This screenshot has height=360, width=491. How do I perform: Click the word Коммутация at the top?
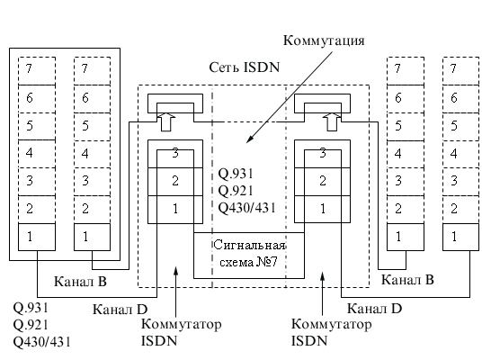(x=324, y=41)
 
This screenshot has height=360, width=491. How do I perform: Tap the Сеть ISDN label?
(x=245, y=67)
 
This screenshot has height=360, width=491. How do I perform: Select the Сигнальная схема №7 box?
(x=249, y=256)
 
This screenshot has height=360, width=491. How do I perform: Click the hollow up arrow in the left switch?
(x=166, y=121)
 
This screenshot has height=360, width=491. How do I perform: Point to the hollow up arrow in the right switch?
(x=332, y=121)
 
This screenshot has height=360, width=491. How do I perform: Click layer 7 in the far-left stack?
(x=37, y=71)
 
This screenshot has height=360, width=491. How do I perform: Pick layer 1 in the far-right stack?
(x=460, y=237)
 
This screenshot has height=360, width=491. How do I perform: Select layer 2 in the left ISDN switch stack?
(x=175, y=182)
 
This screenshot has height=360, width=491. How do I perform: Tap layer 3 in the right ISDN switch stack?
(x=323, y=154)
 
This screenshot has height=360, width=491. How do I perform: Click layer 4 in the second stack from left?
(x=92, y=154)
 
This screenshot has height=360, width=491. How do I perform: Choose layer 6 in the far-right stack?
(x=460, y=99)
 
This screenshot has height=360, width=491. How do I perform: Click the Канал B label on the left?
(x=80, y=282)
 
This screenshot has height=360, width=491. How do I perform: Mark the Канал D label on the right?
(x=374, y=309)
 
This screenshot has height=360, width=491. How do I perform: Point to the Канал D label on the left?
(x=120, y=310)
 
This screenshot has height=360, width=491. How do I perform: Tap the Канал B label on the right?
(x=407, y=280)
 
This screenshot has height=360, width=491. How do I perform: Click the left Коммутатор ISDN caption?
(x=181, y=332)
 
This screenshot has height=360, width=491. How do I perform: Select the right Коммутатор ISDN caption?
(x=331, y=332)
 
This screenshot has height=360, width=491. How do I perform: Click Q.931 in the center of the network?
(x=236, y=174)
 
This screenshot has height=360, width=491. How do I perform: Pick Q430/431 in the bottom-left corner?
(x=42, y=342)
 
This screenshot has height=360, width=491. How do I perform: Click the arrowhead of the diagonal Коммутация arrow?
(x=248, y=141)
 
